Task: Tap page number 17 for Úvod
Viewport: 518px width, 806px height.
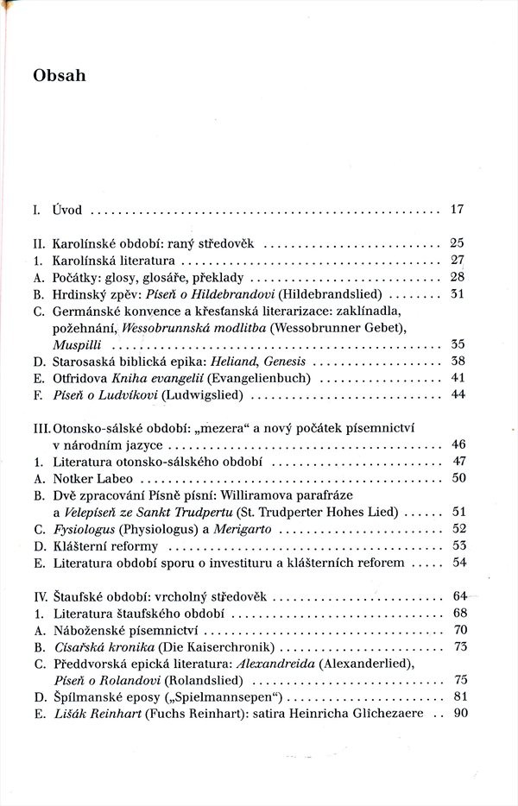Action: (x=458, y=209)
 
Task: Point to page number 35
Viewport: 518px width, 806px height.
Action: (x=458, y=343)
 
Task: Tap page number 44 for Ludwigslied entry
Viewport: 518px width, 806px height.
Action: (x=458, y=395)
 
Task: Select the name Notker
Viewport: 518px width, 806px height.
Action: (x=72, y=478)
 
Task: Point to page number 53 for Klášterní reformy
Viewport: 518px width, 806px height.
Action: (x=458, y=545)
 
